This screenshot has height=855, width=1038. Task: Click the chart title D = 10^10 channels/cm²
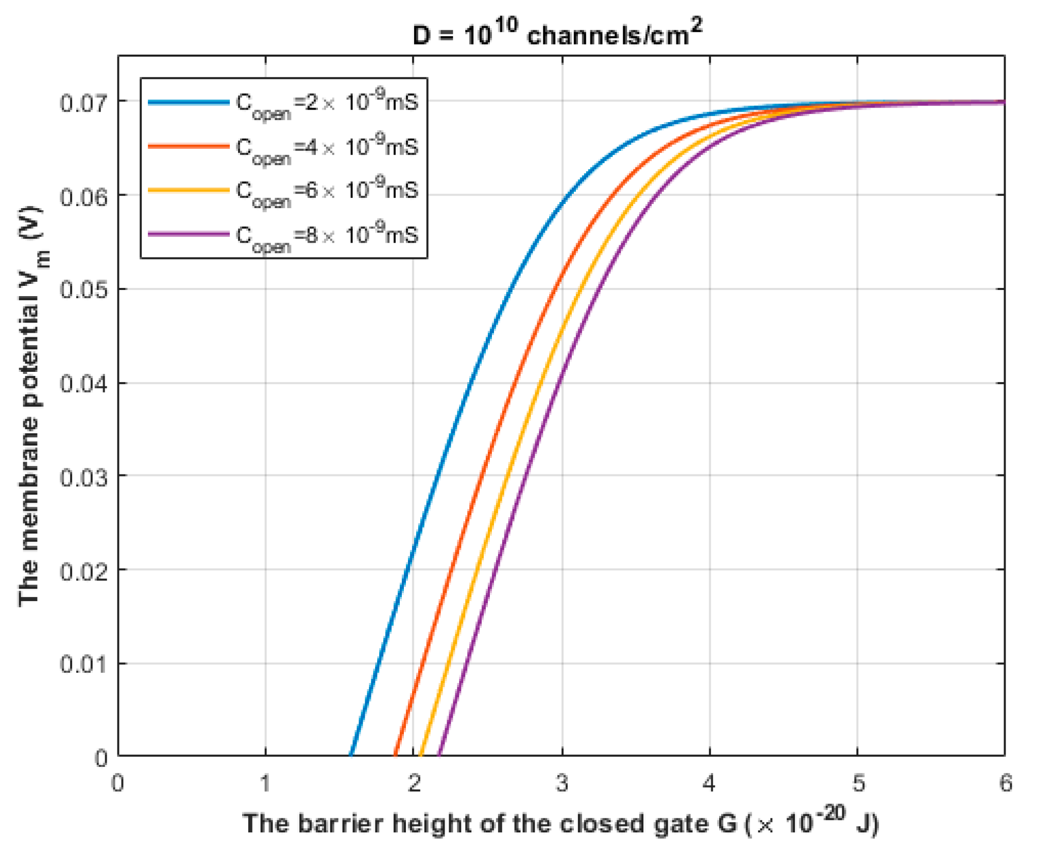557,33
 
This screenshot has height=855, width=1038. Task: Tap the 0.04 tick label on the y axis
84,384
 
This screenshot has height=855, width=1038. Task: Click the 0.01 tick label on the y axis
84,664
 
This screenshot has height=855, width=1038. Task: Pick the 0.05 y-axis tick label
84,289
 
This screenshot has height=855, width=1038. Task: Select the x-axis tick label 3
561,783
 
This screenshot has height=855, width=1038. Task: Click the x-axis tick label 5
858,783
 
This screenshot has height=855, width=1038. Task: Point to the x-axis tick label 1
265,783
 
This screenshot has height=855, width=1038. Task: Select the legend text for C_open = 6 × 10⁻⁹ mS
327,192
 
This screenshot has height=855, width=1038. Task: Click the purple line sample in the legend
189,234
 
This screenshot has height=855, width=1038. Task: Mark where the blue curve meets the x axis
351,755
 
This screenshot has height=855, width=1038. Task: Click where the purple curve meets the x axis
439,755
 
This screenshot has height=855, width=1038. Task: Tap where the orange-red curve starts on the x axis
395,755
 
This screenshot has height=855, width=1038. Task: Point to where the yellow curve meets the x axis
421,755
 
